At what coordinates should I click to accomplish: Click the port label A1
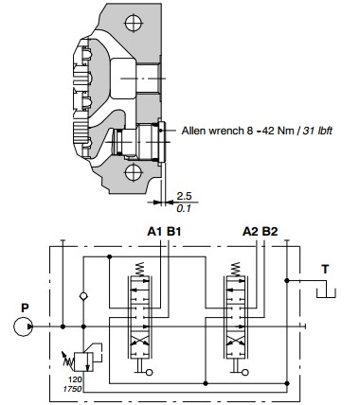click(155, 232)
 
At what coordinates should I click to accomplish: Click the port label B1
click(173, 232)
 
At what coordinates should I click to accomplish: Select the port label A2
click(251, 232)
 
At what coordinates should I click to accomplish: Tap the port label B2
click(270, 232)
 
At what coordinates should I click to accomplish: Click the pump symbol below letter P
click(24, 326)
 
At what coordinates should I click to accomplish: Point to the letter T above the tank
click(325, 270)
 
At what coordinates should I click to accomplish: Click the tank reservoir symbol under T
click(326, 293)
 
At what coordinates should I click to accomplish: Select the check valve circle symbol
click(83, 296)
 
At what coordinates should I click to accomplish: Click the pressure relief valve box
click(83, 361)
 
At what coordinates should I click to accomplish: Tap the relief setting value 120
click(75, 379)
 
